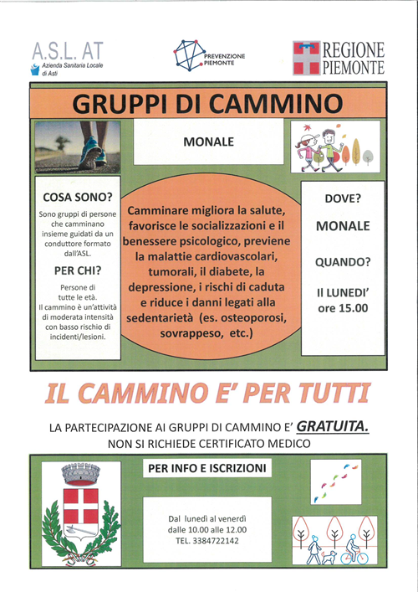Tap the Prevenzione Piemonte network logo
pyautogui.click(x=191, y=55)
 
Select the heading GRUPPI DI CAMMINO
pyautogui.click(x=207, y=104)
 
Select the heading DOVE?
pyautogui.click(x=343, y=198)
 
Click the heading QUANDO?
pyautogui.click(x=343, y=262)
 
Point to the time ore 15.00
pyautogui.click(x=343, y=309)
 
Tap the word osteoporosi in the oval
pyautogui.click(x=248, y=319)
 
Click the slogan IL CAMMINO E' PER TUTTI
pyautogui.click(x=207, y=391)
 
